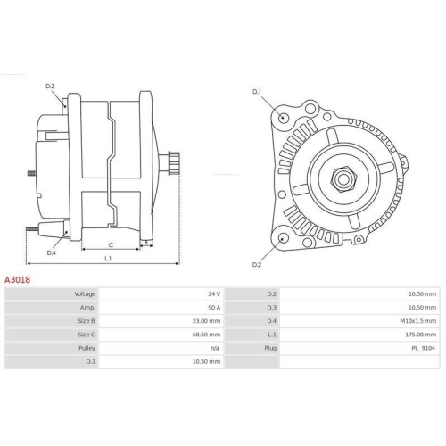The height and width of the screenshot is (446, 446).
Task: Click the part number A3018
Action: [x=19, y=279]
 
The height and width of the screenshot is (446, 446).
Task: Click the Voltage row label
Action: [x=84, y=293]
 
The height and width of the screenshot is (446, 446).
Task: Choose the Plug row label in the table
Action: [x=270, y=348]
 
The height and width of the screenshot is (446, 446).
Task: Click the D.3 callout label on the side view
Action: [x=50, y=86]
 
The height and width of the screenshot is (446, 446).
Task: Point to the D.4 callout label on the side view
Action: [x=51, y=252]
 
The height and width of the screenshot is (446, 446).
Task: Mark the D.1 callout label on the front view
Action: [x=257, y=92]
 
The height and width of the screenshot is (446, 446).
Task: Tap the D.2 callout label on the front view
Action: [x=256, y=265]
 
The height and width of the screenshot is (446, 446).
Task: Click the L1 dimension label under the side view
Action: [x=108, y=259]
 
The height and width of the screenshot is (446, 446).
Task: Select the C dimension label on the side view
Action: [x=110, y=244]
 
